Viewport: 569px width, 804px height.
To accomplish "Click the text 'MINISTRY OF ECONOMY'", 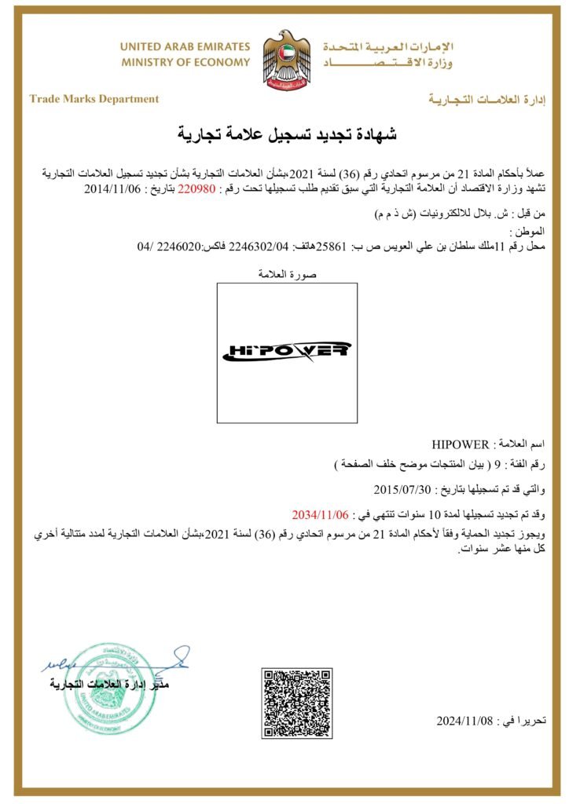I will pos(185,62).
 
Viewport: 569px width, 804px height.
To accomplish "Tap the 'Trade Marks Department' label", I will pos(94,99).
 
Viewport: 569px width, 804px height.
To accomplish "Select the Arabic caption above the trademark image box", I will pos(286,274).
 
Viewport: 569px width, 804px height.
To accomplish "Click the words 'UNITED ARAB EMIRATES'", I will pos(185,47).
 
